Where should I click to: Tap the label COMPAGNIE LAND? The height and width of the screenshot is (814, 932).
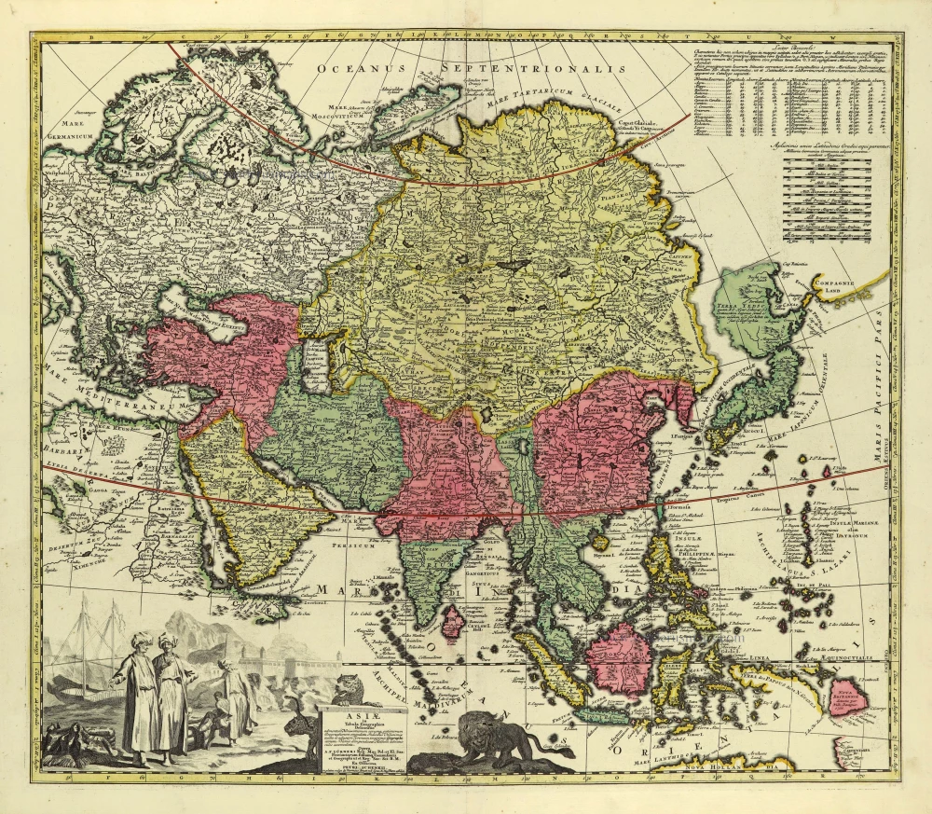tap(838, 284)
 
